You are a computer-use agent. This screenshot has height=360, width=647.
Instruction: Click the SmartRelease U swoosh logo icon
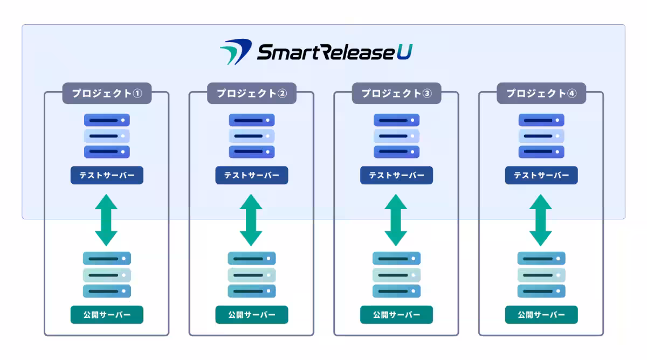click(235, 52)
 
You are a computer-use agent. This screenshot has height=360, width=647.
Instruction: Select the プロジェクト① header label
click(107, 93)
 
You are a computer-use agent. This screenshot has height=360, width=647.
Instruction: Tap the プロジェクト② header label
click(252, 93)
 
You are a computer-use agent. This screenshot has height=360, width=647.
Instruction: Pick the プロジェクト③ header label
click(396, 93)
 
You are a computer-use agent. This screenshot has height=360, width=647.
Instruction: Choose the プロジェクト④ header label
click(541, 93)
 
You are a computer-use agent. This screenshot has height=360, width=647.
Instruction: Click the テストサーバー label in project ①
click(107, 175)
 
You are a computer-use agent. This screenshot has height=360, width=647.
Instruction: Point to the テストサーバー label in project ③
click(396, 175)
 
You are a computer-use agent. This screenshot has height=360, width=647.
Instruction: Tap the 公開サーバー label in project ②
click(252, 315)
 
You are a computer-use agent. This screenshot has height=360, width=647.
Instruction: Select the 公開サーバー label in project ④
click(541, 315)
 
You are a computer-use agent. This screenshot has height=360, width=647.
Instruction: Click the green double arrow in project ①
click(106, 220)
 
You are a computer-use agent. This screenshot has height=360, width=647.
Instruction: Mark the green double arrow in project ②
click(251, 220)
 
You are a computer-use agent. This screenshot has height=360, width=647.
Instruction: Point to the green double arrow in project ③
click(396, 220)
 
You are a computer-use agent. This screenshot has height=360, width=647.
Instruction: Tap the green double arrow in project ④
click(541, 220)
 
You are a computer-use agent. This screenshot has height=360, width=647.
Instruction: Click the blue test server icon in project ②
click(252, 136)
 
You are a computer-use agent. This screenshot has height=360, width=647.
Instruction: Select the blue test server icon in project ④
click(541, 136)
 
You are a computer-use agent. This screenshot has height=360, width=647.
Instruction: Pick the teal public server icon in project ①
click(107, 275)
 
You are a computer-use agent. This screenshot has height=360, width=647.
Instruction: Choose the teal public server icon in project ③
click(396, 275)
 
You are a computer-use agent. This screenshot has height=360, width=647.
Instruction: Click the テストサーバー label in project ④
click(541, 175)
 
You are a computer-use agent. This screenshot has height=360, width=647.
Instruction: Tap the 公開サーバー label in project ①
click(107, 315)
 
